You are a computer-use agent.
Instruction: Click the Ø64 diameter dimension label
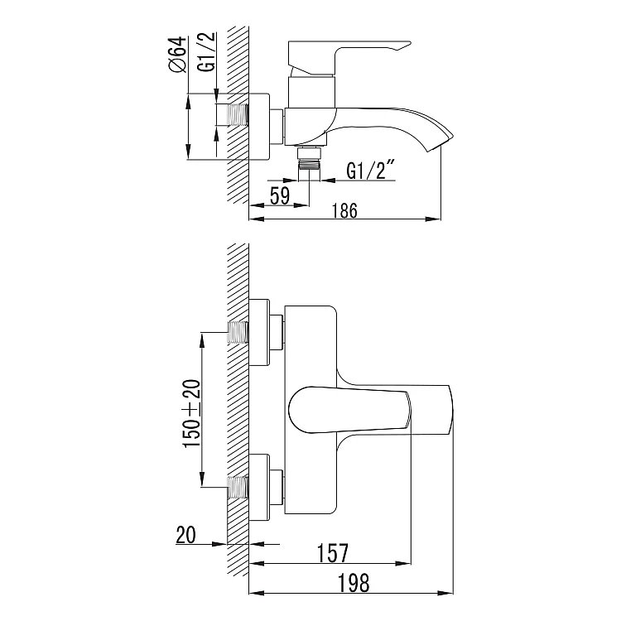(x=177, y=55)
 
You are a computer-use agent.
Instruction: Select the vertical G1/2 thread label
(x=207, y=52)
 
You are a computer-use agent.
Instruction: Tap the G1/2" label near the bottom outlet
(x=371, y=170)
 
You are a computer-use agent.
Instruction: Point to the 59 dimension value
(x=280, y=195)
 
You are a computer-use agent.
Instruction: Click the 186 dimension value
(x=344, y=210)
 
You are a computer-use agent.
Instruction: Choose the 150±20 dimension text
(x=192, y=413)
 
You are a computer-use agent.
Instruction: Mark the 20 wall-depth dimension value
(x=186, y=535)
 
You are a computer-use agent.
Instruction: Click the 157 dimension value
(x=332, y=553)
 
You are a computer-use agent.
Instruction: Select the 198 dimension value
(x=354, y=583)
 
